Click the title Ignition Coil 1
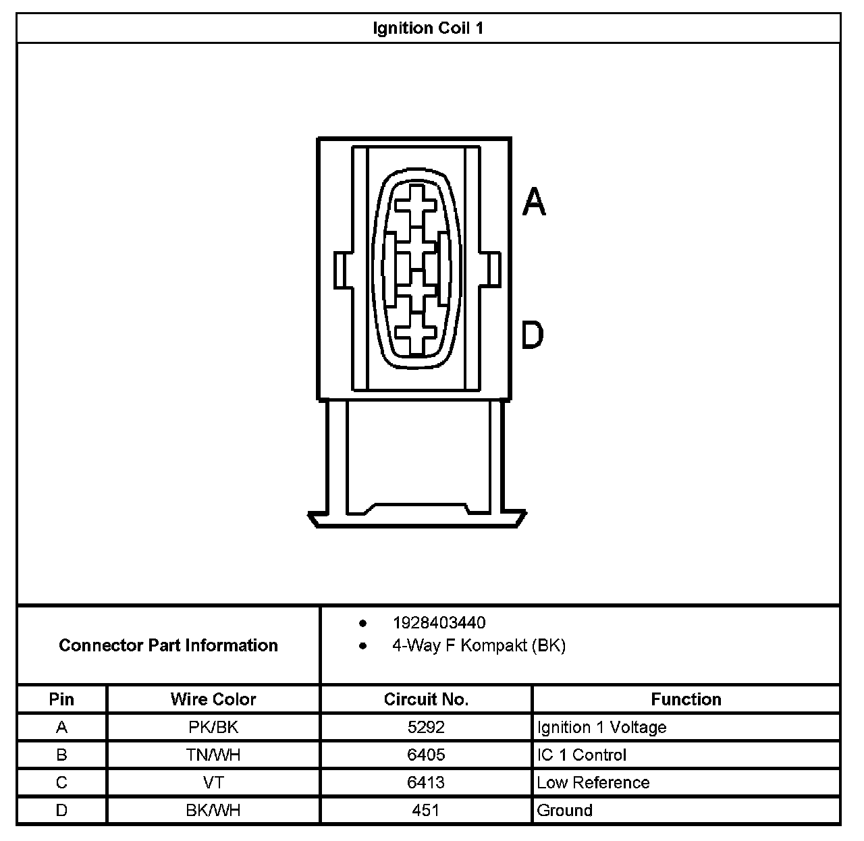tap(428, 28)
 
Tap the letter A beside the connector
tap(534, 201)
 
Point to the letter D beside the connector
tap(533, 335)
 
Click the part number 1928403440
tap(439, 623)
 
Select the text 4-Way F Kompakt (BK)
tap(479, 646)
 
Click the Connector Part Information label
tap(168, 645)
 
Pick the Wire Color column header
tap(213, 699)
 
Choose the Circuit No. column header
tap(426, 699)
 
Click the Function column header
tap(686, 699)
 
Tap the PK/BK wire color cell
tap(213, 728)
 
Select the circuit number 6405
tap(426, 755)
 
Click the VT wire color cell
tap(213, 783)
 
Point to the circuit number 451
tap(426, 811)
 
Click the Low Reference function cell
tap(593, 783)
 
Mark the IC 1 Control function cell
tap(581, 755)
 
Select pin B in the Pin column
tap(61, 755)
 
